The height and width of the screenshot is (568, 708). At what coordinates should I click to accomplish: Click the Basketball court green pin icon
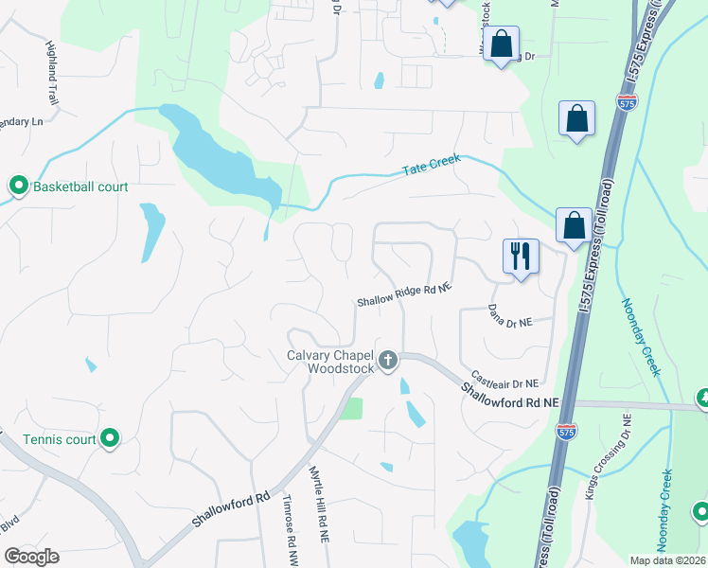coord(18,186)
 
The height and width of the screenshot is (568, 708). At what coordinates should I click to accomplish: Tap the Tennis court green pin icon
coord(110,437)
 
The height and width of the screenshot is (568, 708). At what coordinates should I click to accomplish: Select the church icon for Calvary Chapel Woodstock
coord(387,361)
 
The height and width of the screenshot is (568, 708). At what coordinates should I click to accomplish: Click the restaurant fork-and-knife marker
coord(521,256)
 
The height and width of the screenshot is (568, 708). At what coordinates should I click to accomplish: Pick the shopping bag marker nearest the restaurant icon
coord(574,226)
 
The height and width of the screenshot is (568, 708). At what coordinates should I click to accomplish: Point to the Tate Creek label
coord(432,167)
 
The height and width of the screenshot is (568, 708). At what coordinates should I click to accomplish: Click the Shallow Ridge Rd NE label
coord(404,295)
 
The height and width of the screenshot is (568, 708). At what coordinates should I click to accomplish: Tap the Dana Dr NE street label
coord(510,315)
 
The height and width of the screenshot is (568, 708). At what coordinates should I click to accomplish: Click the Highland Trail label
coord(53,72)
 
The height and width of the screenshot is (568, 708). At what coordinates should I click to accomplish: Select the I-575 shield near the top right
coord(626,102)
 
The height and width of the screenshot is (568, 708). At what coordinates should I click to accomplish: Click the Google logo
coord(32,557)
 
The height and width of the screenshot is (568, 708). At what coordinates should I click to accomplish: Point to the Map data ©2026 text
coord(667,560)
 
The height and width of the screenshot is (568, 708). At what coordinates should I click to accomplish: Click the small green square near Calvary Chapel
coord(351,409)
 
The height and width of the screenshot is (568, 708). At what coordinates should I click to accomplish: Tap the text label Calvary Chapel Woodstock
coord(331,362)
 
